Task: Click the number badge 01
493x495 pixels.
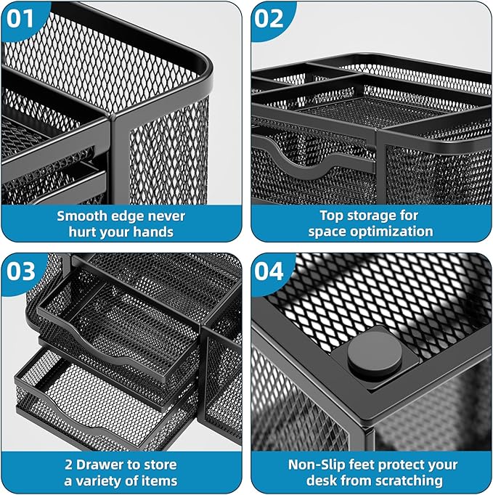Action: [x=21, y=20]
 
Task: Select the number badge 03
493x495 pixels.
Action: [x=21, y=271]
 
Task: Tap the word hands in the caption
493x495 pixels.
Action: [x=155, y=232]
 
